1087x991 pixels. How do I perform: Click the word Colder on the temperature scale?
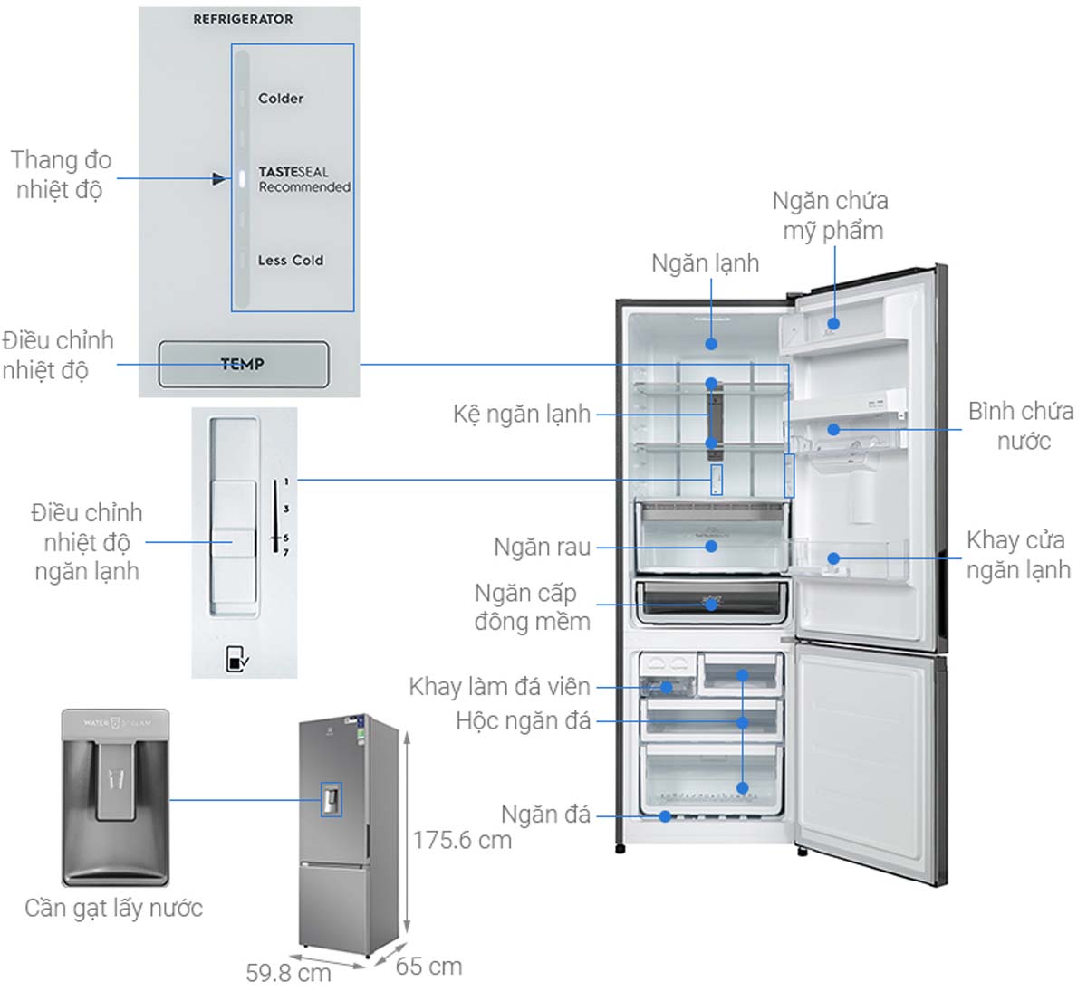pyautogui.click(x=280, y=99)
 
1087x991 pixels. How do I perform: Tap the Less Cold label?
pyautogui.click(x=290, y=261)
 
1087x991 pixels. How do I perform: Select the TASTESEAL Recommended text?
pyautogui.click(x=303, y=179)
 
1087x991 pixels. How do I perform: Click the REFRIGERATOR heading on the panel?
pyautogui.click(x=243, y=19)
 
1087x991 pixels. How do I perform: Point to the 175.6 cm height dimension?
pyautogui.click(x=462, y=841)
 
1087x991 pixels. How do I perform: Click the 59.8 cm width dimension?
pyautogui.click(x=288, y=974)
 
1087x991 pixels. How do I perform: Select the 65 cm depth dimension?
pyautogui.click(x=428, y=967)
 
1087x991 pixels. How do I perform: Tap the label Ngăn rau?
pyautogui.click(x=542, y=548)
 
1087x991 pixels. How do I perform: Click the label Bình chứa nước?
pyautogui.click(x=1021, y=426)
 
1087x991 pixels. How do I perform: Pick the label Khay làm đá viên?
pyautogui.click(x=499, y=687)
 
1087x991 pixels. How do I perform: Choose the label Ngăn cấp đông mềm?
pyautogui.click(x=532, y=607)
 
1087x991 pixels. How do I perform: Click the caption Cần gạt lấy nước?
pyautogui.click(x=113, y=909)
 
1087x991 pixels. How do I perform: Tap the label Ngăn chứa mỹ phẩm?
pyautogui.click(x=831, y=215)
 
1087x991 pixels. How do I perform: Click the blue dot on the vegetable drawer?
pyautogui.click(x=711, y=546)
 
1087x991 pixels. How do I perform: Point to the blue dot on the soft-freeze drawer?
pyautogui.click(x=712, y=605)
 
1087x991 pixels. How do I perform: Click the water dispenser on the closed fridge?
pyautogui.click(x=331, y=799)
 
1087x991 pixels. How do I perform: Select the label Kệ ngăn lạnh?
pyautogui.click(x=521, y=415)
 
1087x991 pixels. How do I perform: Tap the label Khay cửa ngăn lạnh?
pyautogui.click(x=1017, y=555)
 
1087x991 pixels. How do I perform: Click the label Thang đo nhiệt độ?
pyautogui.click(x=61, y=175)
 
